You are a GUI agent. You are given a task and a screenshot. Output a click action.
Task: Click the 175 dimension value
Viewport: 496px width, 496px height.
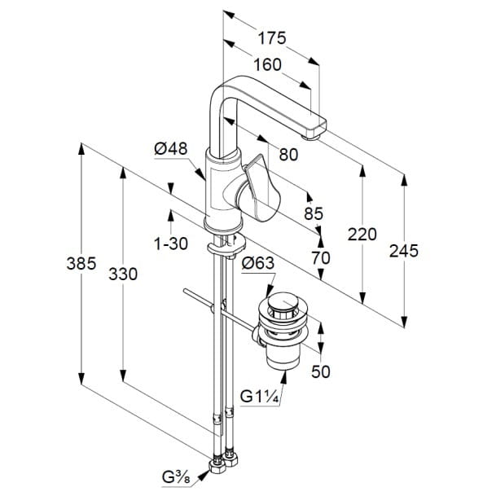[272, 38]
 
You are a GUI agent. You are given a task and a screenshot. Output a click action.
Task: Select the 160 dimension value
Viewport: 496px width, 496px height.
[267, 64]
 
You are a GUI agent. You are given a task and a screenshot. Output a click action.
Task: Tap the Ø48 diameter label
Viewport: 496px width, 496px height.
[171, 148]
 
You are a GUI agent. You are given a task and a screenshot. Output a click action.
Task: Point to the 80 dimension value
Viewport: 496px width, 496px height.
[288, 155]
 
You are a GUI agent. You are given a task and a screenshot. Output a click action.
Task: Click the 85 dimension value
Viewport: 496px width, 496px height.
[314, 213]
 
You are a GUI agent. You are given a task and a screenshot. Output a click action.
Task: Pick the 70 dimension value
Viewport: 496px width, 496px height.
[321, 257]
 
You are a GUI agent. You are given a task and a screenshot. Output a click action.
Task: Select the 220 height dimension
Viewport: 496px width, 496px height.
[362, 235]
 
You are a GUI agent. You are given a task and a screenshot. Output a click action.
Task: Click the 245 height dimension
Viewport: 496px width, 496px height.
[404, 251]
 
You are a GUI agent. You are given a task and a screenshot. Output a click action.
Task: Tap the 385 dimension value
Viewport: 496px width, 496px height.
[81, 263]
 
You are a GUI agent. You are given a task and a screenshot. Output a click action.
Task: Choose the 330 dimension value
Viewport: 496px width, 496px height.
[123, 274]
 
